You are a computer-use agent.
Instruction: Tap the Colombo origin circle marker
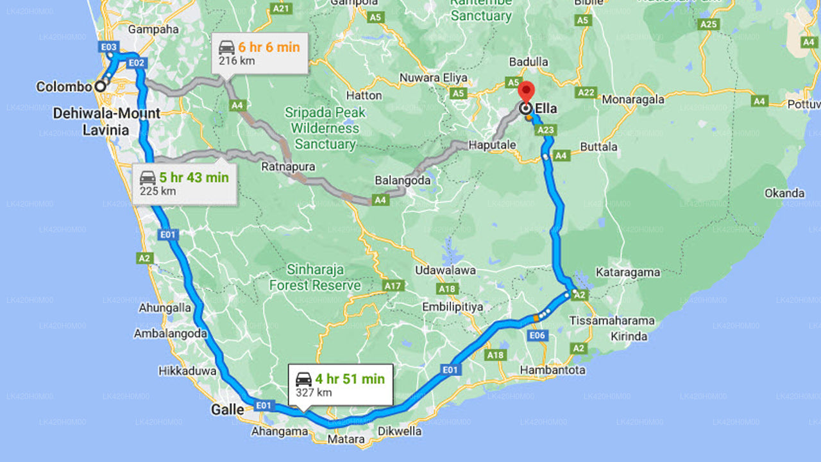tap(100, 86)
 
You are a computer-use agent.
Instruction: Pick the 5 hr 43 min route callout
tap(185, 184)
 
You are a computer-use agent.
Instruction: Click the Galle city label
tap(228, 409)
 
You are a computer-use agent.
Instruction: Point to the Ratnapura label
tap(288, 167)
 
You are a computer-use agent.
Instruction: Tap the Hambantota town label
tap(543, 370)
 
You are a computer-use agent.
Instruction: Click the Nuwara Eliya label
tap(433, 78)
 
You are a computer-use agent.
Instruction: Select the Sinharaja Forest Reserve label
tap(315, 277)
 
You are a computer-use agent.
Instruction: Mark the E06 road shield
tap(537, 336)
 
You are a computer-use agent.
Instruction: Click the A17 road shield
tap(393, 284)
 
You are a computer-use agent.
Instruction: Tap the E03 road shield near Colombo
tap(109, 47)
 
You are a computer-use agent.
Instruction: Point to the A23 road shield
tap(546, 130)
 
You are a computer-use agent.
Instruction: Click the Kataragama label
tap(627, 272)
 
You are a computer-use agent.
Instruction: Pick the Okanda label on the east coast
tap(784, 193)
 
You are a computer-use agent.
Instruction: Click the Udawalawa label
tap(445, 270)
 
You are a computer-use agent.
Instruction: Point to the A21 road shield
tap(282, 8)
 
